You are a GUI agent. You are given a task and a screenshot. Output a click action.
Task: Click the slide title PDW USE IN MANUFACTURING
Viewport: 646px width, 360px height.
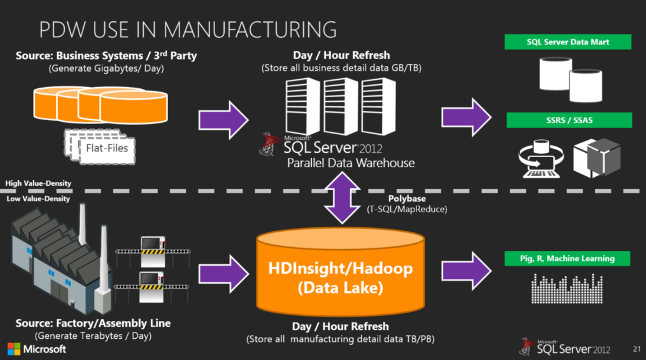pyautogui.click(x=188, y=30)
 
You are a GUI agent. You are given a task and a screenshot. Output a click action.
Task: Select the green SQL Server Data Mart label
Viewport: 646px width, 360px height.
pyautogui.click(x=567, y=42)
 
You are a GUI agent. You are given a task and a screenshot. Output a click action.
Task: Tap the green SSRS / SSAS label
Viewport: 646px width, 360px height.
pyautogui.click(x=569, y=120)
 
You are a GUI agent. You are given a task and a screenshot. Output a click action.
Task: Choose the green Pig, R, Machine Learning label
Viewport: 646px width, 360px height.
pyautogui.click(x=567, y=258)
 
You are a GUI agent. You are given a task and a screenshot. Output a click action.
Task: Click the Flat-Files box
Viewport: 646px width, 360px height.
pyautogui.click(x=106, y=148)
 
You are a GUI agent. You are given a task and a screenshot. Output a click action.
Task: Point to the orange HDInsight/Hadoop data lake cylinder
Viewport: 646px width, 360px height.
pyautogui.click(x=340, y=272)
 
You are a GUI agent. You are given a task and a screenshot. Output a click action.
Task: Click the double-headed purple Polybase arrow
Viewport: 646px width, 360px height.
pyautogui.click(x=342, y=198)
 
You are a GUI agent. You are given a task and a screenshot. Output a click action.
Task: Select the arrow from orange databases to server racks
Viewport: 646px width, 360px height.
pyautogui.click(x=223, y=120)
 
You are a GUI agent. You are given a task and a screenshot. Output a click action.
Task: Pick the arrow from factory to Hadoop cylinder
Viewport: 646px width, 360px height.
pyautogui.click(x=223, y=274)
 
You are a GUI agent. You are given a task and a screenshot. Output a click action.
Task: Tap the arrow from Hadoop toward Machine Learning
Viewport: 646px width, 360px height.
pyautogui.click(x=466, y=271)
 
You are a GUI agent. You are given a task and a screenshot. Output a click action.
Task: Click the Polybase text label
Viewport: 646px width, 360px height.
pyautogui.click(x=406, y=198)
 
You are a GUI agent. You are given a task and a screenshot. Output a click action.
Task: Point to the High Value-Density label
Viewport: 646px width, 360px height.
pyautogui.click(x=38, y=183)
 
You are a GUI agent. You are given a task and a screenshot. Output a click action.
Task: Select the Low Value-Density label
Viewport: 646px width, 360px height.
pyautogui.click(x=38, y=198)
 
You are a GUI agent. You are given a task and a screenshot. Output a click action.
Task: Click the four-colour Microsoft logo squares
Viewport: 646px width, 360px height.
pyautogui.click(x=14, y=349)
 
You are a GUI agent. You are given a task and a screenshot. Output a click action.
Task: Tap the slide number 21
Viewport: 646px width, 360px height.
pyautogui.click(x=637, y=349)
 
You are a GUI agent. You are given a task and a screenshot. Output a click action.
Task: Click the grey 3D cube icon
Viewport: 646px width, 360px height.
pyautogui.click(x=596, y=158)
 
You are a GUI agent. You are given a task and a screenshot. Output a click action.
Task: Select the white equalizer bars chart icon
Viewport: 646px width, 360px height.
pyautogui.click(x=567, y=289)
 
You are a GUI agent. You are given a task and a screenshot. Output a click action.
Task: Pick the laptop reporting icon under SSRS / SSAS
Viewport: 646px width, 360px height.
pyautogui.click(x=541, y=159)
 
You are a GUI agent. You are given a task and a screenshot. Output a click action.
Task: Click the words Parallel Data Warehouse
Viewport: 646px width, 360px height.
pyautogui.click(x=351, y=163)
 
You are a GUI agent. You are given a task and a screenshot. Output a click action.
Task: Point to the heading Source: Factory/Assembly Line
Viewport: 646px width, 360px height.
pyautogui.click(x=93, y=323)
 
